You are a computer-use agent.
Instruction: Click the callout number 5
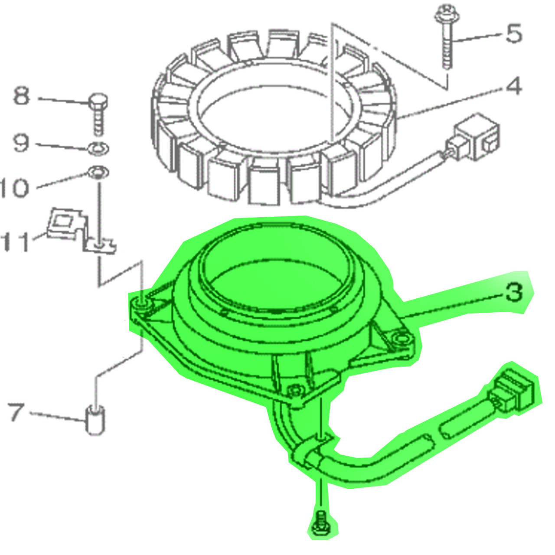pos(514,33)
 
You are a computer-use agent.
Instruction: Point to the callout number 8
pos(22,96)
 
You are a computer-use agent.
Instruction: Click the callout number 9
pos(21,143)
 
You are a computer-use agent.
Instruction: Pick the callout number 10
pos(15,188)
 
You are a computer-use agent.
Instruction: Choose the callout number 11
pos(16,242)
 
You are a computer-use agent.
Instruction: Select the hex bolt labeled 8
pos(98,114)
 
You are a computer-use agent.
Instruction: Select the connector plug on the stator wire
pos(475,137)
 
